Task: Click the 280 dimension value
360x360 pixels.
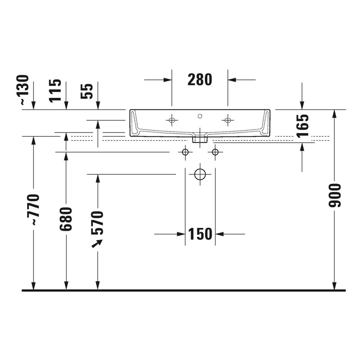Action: tap(199, 79)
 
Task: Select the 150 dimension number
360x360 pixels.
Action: tap(200, 234)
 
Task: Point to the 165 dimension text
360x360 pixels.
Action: tap(302, 126)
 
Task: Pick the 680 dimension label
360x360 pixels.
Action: tap(66, 219)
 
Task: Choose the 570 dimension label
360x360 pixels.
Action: tap(97, 222)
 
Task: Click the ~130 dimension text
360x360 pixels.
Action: tap(24, 90)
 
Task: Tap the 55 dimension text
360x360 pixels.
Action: tap(87, 91)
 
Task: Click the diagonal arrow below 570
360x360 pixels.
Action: tap(97, 244)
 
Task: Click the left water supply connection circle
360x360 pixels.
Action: tap(185, 152)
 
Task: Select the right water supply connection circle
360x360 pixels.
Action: tap(215, 152)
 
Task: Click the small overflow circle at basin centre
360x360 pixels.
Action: tap(200, 115)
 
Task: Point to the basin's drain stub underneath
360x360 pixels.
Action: tap(199, 138)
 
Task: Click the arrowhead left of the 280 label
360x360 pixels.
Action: tap(167, 79)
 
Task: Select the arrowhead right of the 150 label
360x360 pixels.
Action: tap(220, 234)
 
